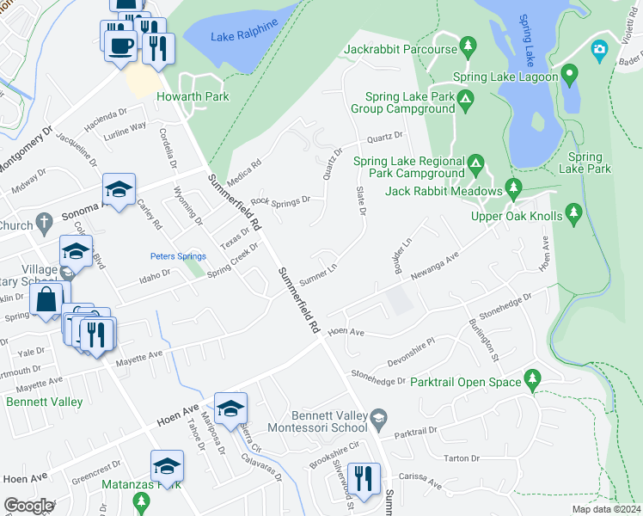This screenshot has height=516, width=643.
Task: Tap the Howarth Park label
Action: pyautogui.click(x=193, y=97)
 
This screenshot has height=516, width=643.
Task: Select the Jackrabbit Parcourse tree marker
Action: pyautogui.click(x=468, y=44)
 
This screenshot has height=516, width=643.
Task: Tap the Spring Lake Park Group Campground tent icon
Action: pyautogui.click(x=465, y=103)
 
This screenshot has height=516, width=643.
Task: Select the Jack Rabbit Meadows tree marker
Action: pyautogui.click(x=514, y=186)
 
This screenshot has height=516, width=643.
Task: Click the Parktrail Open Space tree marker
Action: pyautogui.click(x=533, y=378)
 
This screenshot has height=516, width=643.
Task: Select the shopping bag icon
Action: pyautogui.click(x=46, y=300)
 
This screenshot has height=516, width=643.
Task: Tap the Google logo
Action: pyautogui.click(x=28, y=506)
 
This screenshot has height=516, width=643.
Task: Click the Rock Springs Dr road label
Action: pyautogui.click(x=280, y=202)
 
